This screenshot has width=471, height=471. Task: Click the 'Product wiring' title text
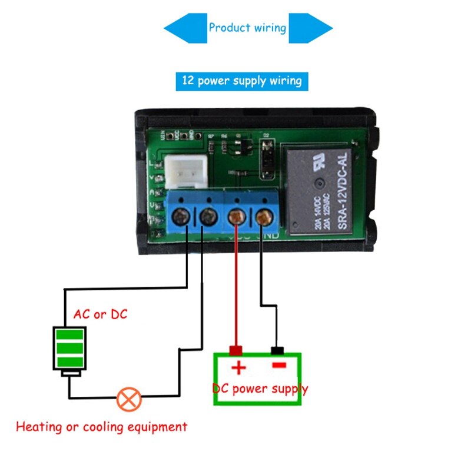tap(247, 28)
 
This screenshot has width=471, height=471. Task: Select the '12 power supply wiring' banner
tap(241, 81)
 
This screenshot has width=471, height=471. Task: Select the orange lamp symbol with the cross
tap(128, 399)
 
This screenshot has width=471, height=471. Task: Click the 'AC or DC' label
tap(100, 314)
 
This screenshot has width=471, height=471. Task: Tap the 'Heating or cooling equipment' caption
tap(101, 427)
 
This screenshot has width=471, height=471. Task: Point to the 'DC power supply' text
tap(260, 389)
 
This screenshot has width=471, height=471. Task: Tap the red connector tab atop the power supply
tap(236, 351)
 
